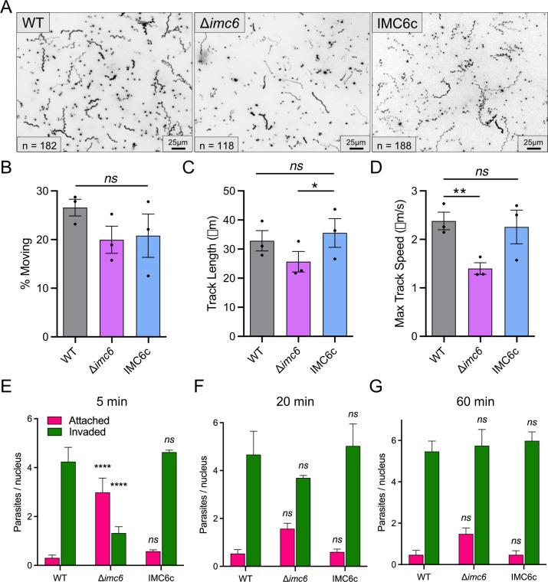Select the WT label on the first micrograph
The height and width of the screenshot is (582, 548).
click(34, 18)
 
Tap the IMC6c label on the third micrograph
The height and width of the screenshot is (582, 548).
click(398, 18)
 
